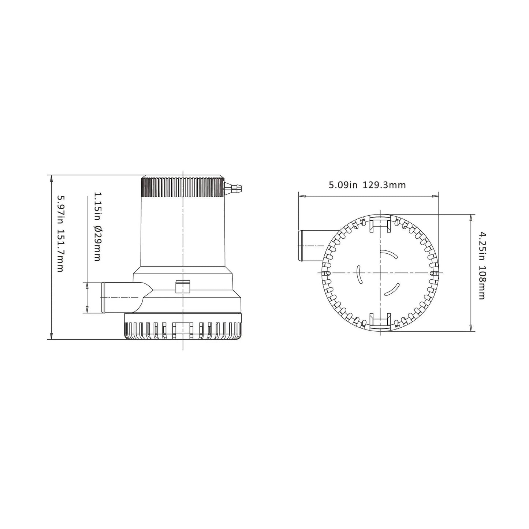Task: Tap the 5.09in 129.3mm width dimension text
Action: click(367, 185)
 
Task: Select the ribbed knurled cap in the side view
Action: click(182, 187)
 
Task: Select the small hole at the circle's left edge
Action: click(328, 273)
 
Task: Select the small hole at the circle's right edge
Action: click(432, 273)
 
